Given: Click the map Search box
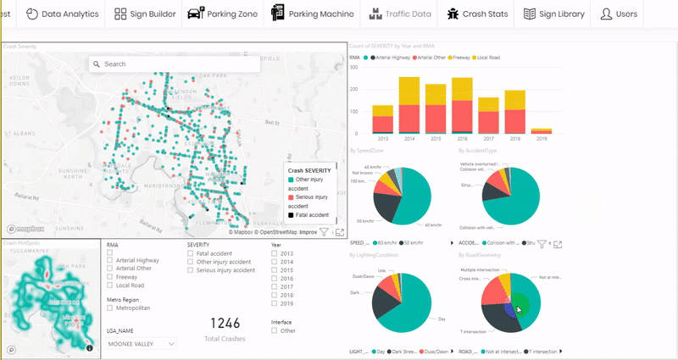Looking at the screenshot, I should tap(175, 64).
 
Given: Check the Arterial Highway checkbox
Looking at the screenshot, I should tap(110, 261).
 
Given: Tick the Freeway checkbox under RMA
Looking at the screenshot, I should tap(110, 276).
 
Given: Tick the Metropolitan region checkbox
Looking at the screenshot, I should tap(110, 309).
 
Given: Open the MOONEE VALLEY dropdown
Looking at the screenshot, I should tap(142, 344).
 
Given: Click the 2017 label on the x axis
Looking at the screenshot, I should tap(489, 139).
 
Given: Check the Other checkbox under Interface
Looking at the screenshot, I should tap(274, 331).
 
